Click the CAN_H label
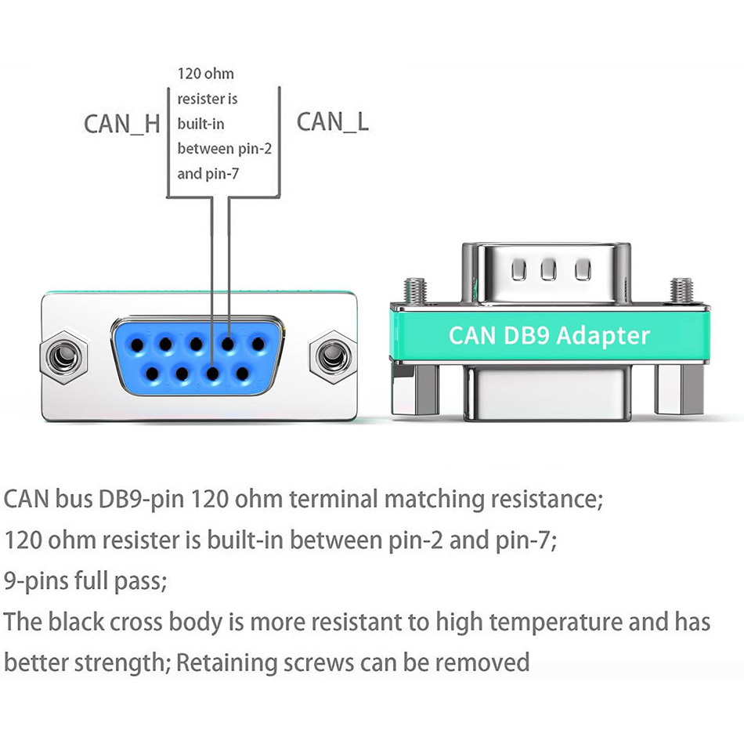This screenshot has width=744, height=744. pyautogui.click(x=121, y=124)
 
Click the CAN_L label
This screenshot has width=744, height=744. pyautogui.click(x=332, y=121)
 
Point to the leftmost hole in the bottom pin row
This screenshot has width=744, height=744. pyautogui.click(x=150, y=374)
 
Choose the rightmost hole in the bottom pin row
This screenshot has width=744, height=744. pyautogui.click(x=242, y=374)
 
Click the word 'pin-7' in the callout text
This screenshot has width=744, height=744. pyautogui.click(x=221, y=173)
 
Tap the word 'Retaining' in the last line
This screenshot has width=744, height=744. pyautogui.click(x=224, y=663)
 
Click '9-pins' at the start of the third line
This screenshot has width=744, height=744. pyautogui.click(x=34, y=581)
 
